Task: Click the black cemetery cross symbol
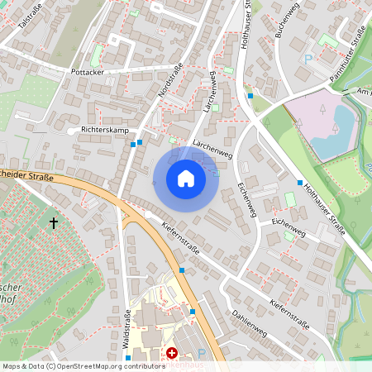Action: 55,222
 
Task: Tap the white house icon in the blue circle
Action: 186,178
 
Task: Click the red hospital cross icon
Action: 172,352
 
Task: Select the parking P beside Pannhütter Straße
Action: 308,59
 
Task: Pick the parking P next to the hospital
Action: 201,353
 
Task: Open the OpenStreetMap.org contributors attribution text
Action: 83,365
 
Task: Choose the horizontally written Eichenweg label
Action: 289,223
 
